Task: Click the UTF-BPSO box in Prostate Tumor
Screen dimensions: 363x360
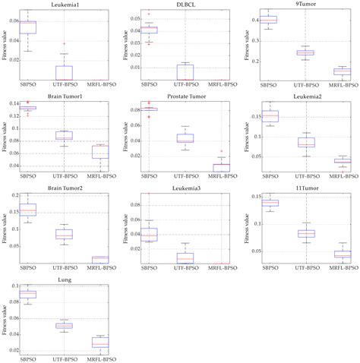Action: pos(185,138)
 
